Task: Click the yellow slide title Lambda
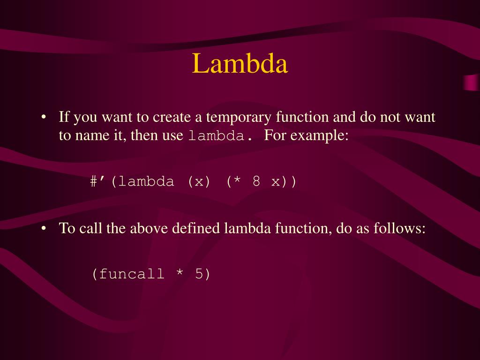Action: pyautogui.click(x=240, y=64)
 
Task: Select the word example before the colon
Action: pyautogui.click(x=317, y=136)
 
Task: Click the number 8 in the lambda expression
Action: pyautogui.click(x=256, y=181)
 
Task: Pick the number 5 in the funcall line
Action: pyautogui.click(x=199, y=274)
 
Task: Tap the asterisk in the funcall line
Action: pyautogui.click(x=180, y=274)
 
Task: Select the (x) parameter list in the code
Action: pyautogui.click(x=199, y=181)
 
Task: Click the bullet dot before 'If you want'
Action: pyautogui.click(x=43, y=117)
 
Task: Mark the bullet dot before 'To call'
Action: pyautogui.click(x=43, y=229)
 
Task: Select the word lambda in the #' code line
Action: pyautogui.click(x=146, y=181)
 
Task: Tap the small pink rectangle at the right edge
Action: pyautogui.click(x=471, y=82)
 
